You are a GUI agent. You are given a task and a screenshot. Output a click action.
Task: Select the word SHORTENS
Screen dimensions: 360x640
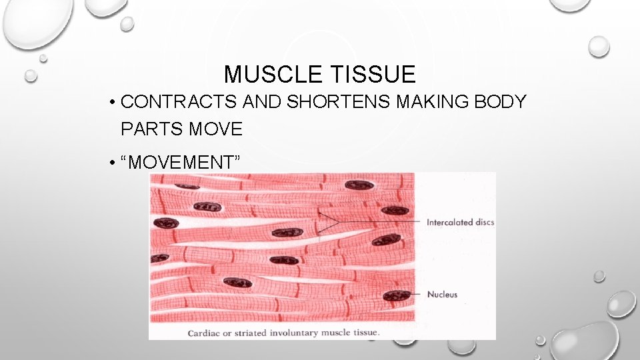[324, 102]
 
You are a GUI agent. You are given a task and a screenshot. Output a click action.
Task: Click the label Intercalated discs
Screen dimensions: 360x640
[460, 222]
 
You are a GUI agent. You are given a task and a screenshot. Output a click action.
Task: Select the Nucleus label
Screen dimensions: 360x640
[442, 294]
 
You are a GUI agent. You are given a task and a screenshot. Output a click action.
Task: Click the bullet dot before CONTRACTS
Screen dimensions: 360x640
[115, 103]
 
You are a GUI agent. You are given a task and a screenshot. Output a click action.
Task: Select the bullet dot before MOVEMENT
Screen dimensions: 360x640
[115, 162]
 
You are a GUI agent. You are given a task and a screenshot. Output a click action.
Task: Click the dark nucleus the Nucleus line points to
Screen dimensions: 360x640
[397, 294]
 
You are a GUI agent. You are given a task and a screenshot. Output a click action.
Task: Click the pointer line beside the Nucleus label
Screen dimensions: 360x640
[416, 294]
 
